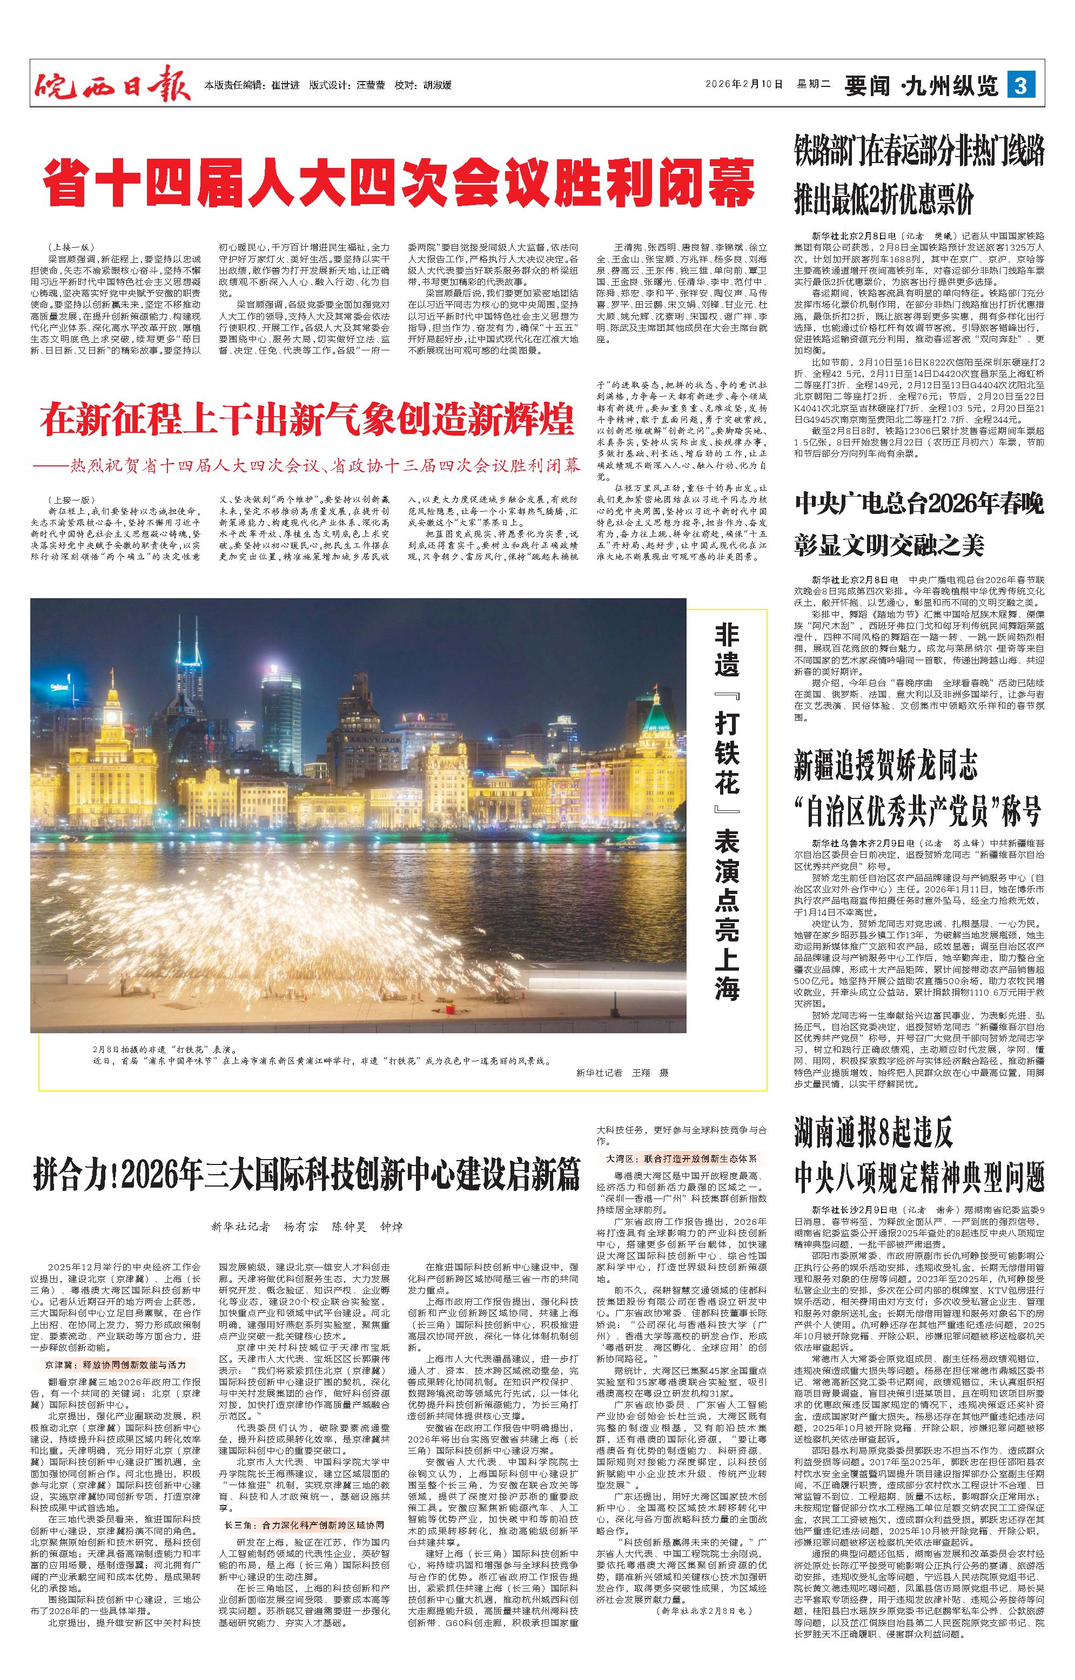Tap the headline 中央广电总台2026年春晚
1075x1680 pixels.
tap(919, 504)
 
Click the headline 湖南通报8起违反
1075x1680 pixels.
tap(874, 1134)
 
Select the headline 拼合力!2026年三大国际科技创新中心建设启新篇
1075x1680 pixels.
tap(307, 1175)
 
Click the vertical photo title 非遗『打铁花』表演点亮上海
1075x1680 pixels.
tap(726, 813)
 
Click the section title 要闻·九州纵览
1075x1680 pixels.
tap(922, 86)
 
